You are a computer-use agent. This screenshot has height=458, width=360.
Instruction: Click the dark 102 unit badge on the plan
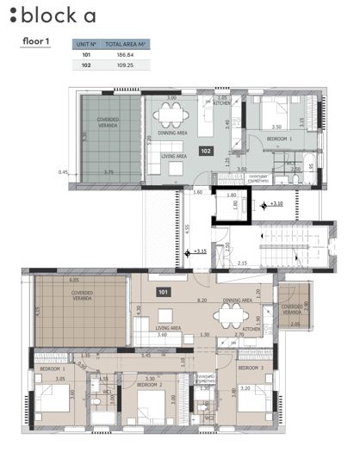point(206,151)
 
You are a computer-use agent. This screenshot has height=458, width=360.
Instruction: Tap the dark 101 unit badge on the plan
point(164,291)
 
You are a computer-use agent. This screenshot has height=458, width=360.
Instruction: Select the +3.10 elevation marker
point(276,204)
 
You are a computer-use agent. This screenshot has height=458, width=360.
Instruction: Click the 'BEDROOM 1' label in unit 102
point(278,139)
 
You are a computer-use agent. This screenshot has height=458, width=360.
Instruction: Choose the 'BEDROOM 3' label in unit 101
point(251,368)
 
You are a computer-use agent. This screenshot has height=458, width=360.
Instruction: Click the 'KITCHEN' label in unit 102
point(221,104)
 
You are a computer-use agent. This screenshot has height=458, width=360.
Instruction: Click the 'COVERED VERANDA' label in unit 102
point(109,124)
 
